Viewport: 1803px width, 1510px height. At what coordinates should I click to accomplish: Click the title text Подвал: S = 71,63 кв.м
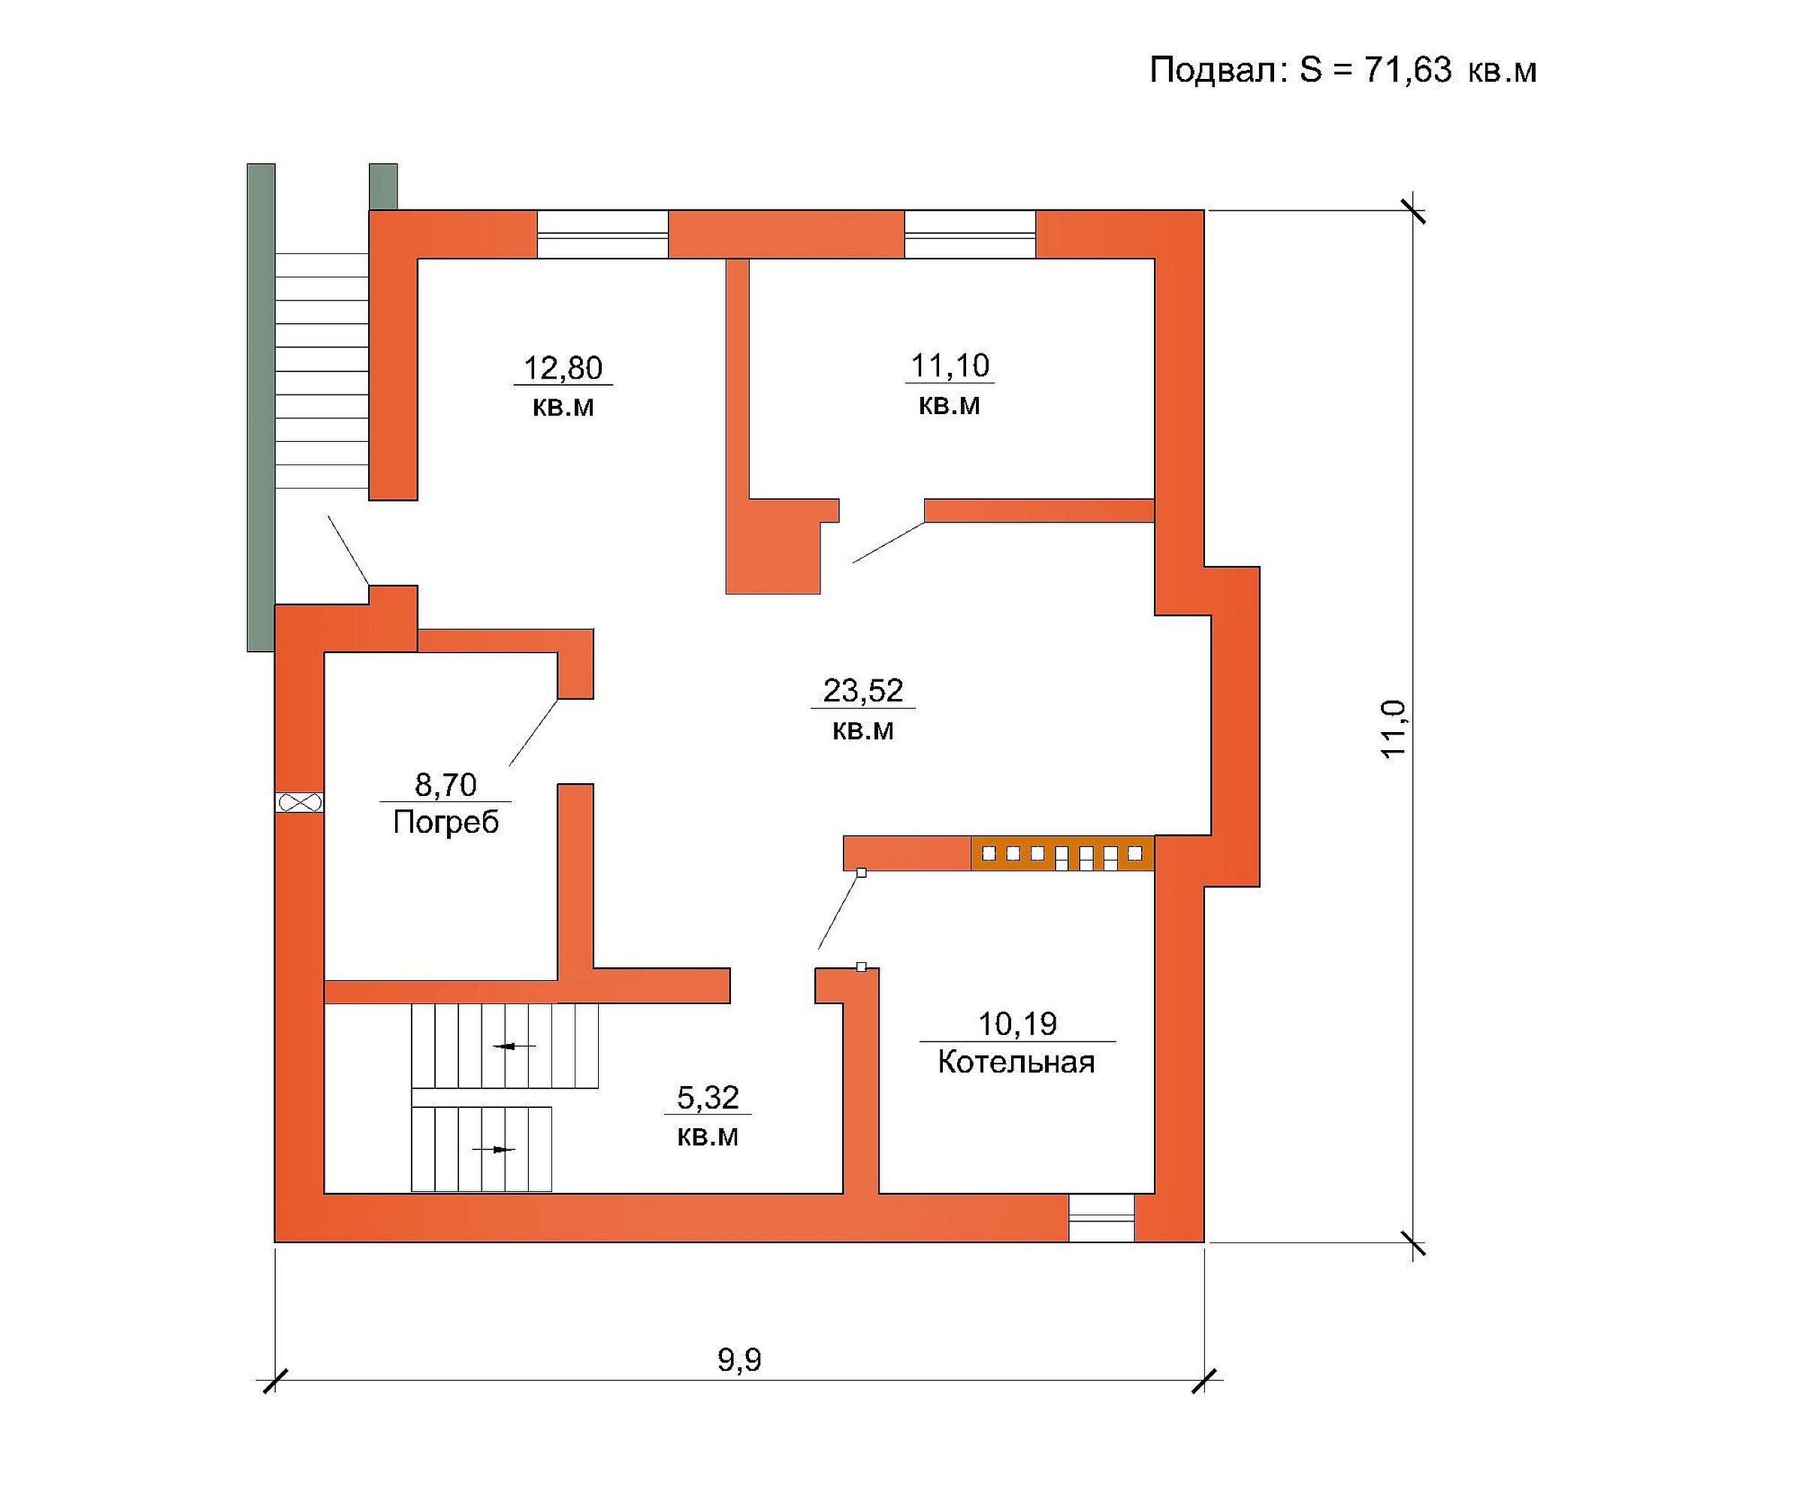click(1342, 71)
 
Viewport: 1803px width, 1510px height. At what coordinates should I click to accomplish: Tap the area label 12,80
click(563, 368)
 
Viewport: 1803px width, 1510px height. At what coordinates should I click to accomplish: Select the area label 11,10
click(950, 366)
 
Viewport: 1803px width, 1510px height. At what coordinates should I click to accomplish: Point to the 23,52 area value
click(863, 691)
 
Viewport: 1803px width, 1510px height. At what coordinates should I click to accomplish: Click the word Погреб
click(445, 822)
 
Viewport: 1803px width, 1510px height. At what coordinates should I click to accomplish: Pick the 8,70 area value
click(445, 784)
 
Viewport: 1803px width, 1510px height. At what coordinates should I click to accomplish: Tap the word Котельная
click(1016, 1061)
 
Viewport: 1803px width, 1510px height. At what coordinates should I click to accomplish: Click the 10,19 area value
click(1017, 1024)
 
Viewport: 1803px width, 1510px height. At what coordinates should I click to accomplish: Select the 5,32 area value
click(708, 1097)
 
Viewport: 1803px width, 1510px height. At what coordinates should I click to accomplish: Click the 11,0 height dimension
click(1394, 728)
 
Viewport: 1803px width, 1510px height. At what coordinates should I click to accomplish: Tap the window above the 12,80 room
click(603, 235)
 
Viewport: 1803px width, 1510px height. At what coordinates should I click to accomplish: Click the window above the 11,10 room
click(970, 235)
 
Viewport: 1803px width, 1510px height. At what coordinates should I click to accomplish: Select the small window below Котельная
click(1101, 1217)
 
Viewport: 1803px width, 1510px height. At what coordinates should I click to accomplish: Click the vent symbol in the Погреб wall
click(300, 802)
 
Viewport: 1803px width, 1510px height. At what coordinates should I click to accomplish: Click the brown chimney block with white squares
click(1063, 853)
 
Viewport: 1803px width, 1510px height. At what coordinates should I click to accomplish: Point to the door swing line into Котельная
click(840, 911)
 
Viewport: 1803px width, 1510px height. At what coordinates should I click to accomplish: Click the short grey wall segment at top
click(383, 186)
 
